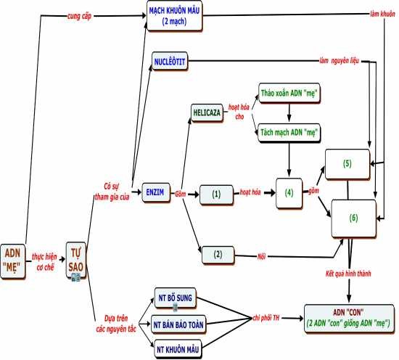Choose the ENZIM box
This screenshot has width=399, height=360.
[x=155, y=192]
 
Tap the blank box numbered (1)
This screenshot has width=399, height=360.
[x=215, y=195]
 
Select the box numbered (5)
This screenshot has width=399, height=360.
[x=347, y=164]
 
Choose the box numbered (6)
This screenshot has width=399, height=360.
[x=353, y=218]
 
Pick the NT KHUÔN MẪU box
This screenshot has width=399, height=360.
[x=176, y=348]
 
